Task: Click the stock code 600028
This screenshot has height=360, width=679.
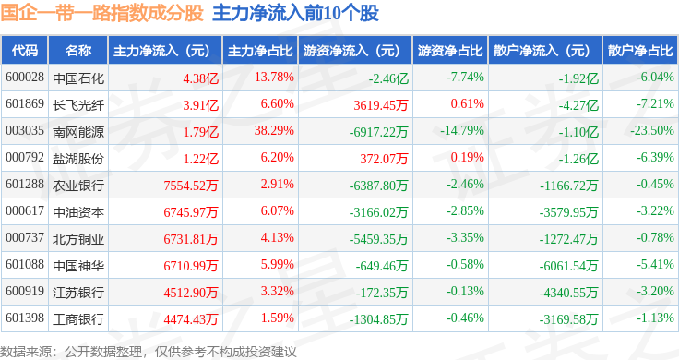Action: click(x=25, y=78)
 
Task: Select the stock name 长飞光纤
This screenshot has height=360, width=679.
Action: click(x=78, y=105)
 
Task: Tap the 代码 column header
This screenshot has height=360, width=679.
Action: click(x=25, y=51)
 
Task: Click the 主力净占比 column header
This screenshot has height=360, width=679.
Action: click(x=260, y=51)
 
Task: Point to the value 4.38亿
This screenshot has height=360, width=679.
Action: click(x=200, y=78)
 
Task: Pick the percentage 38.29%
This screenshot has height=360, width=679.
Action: click(x=274, y=130)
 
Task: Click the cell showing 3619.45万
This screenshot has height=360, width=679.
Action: click(x=381, y=105)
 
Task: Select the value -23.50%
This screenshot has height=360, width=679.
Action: click(x=652, y=130)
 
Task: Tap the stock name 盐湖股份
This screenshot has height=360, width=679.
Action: click(x=78, y=159)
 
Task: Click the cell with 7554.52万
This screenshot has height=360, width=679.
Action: click(x=191, y=186)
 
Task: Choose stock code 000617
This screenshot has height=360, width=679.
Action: click(x=25, y=211)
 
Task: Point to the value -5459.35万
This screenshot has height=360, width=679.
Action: click(x=378, y=239)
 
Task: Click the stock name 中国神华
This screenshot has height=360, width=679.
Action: click(x=78, y=266)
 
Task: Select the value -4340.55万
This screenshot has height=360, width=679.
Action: click(x=568, y=293)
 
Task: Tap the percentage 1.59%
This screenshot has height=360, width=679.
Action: click(x=277, y=318)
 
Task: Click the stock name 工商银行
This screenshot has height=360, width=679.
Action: click(x=78, y=319)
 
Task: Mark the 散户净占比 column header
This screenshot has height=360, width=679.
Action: click(x=640, y=51)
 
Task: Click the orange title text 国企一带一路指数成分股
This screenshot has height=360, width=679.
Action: click(x=101, y=13)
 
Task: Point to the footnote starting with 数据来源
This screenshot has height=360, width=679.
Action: click(x=149, y=352)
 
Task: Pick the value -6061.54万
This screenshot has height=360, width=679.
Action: click(x=568, y=266)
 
